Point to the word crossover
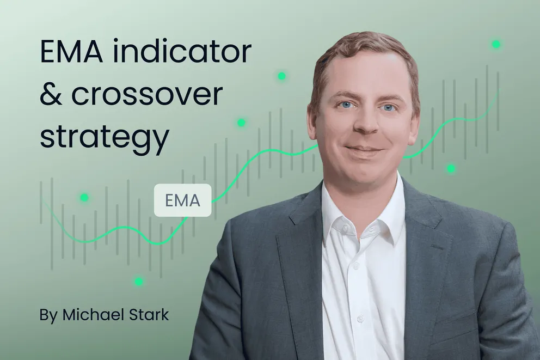pyautogui.click(x=147, y=95)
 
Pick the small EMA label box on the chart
pyautogui.click(x=182, y=200)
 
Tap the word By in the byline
pyautogui.click(x=48, y=315)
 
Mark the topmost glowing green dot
pyautogui.click(x=496, y=44)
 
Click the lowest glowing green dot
pyautogui.click(x=139, y=281)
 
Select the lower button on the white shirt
pyautogui.click(x=360, y=318)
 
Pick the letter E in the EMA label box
pyautogui.click(x=169, y=200)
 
